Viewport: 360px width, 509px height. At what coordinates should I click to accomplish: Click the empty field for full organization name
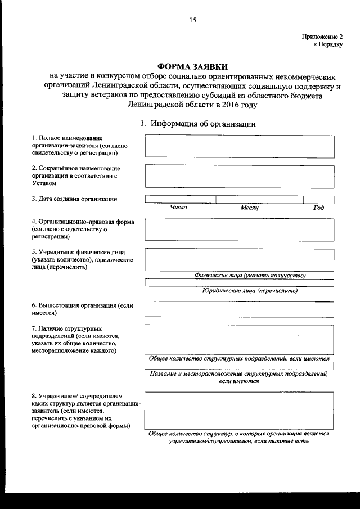click(x=239, y=146)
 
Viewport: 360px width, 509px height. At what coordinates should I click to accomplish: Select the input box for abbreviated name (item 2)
click(x=239, y=175)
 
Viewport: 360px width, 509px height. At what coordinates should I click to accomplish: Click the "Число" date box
click(x=180, y=199)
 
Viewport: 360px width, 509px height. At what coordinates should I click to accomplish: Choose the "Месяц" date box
click(x=259, y=199)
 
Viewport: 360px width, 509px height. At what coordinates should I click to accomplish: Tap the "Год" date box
click(x=318, y=199)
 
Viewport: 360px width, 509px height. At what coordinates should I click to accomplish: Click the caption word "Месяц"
click(x=249, y=208)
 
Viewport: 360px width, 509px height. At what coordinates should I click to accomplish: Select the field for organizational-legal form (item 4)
click(x=239, y=229)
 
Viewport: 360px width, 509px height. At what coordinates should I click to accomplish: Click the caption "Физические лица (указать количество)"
click(x=249, y=275)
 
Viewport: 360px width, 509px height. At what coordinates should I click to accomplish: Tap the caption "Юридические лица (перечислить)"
click(x=249, y=291)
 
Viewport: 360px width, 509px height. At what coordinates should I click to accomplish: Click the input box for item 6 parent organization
click(x=239, y=309)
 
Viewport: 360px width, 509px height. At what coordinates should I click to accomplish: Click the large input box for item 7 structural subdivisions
click(x=239, y=340)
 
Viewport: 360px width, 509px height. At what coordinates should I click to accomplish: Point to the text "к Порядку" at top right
click(x=328, y=45)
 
